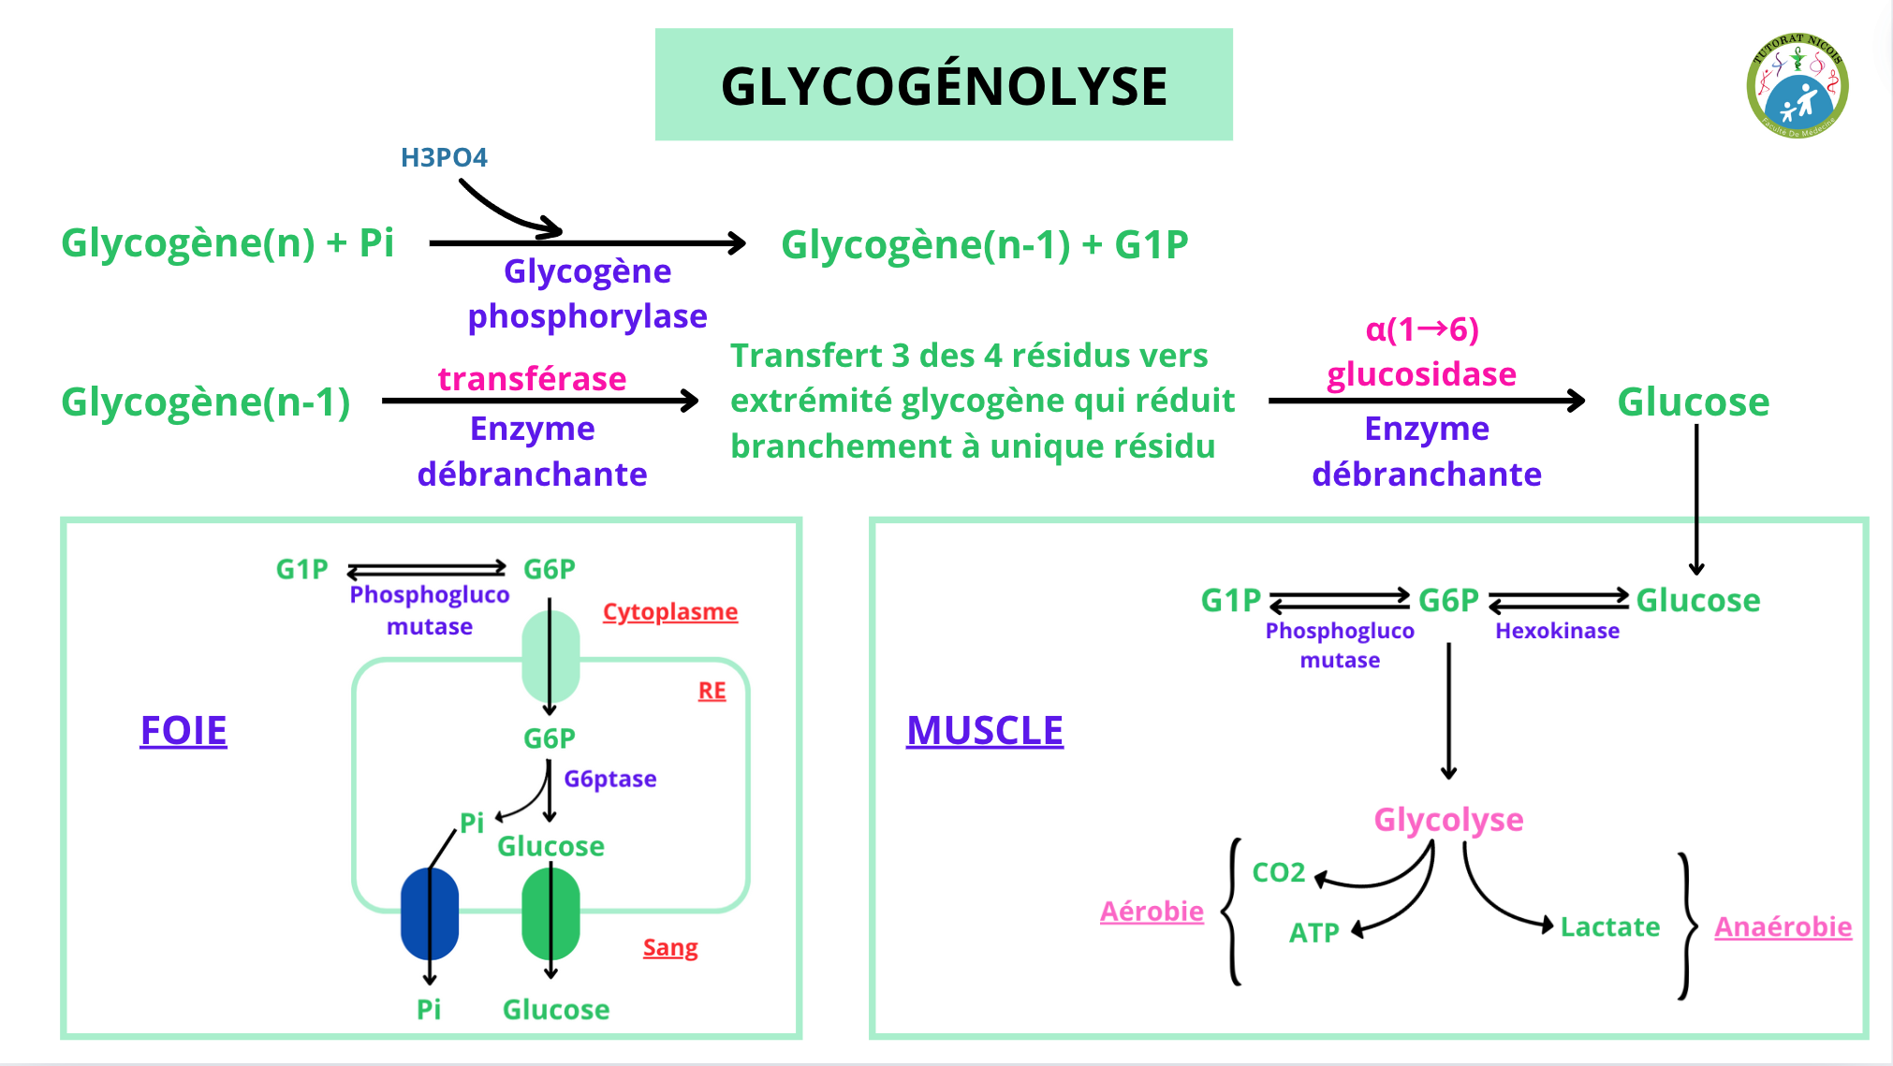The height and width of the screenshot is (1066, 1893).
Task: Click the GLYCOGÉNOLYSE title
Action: click(x=944, y=86)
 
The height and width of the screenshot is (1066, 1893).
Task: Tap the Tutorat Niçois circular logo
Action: click(x=1797, y=86)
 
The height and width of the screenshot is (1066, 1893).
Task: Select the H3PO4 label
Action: click(x=444, y=157)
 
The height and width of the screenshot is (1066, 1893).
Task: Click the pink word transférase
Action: click(x=532, y=379)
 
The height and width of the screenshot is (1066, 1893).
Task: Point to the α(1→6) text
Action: click(x=1422, y=329)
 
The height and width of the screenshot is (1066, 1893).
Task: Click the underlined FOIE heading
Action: click(x=183, y=731)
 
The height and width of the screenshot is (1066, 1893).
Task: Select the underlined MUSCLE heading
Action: click(x=985, y=731)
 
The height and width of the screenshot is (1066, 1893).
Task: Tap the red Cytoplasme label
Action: click(x=670, y=612)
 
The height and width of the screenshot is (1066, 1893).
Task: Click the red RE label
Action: click(x=712, y=691)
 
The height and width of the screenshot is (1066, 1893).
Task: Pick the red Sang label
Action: click(x=670, y=948)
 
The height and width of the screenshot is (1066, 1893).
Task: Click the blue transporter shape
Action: click(x=430, y=913)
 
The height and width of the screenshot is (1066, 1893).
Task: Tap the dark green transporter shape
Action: click(x=550, y=913)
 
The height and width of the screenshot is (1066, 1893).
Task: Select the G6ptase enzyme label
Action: click(x=610, y=779)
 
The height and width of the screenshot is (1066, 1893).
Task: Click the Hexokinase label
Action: click(x=1557, y=631)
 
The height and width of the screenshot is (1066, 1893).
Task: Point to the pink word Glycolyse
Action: click(x=1448, y=820)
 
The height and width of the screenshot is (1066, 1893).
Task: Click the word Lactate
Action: click(x=1609, y=927)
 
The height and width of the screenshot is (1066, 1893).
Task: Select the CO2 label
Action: click(x=1279, y=872)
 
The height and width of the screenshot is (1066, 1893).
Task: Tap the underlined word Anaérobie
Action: click(x=1783, y=927)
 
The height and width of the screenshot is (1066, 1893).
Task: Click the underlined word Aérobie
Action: click(x=1152, y=912)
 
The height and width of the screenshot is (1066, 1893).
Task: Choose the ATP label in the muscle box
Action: click(x=1314, y=933)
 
